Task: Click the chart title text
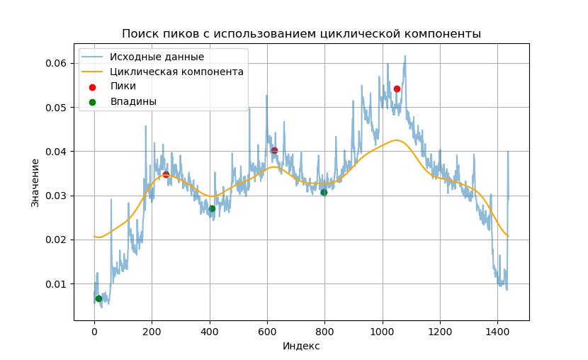pos(301,34)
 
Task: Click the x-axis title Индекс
pos(301,346)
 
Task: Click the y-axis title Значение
pos(35,183)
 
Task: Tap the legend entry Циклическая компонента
pos(176,72)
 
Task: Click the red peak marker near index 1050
pos(397,89)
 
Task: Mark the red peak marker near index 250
pos(166,174)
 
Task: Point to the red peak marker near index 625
pos(274,150)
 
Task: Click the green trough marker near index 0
pos(98,298)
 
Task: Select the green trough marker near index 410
pos(212,208)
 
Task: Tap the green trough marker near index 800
pos(324,192)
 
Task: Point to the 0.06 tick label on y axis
pos(56,63)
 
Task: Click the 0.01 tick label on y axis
pos(56,284)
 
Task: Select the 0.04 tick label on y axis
pos(56,152)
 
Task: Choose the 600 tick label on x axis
pos(267,330)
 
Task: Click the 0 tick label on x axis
pos(94,330)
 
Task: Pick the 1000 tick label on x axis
pos(382,330)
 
